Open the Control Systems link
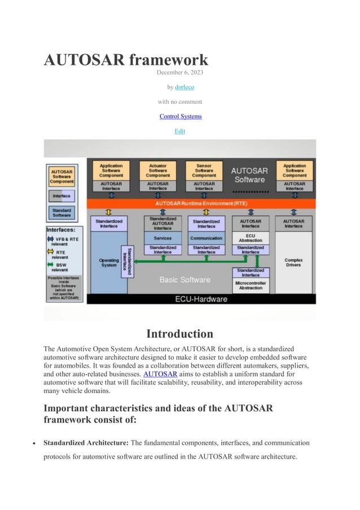pyautogui.click(x=180, y=116)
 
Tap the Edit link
pyautogui.click(x=180, y=131)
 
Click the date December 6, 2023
pyautogui.click(x=180, y=73)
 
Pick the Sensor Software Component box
pyautogui.click(x=204, y=171)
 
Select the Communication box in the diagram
pyautogui.click(x=207, y=238)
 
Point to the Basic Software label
pyautogui.click(x=185, y=280)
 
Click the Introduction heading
pyautogui.click(x=180, y=333)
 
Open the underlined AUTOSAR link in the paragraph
pyautogui.click(x=161, y=373)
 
